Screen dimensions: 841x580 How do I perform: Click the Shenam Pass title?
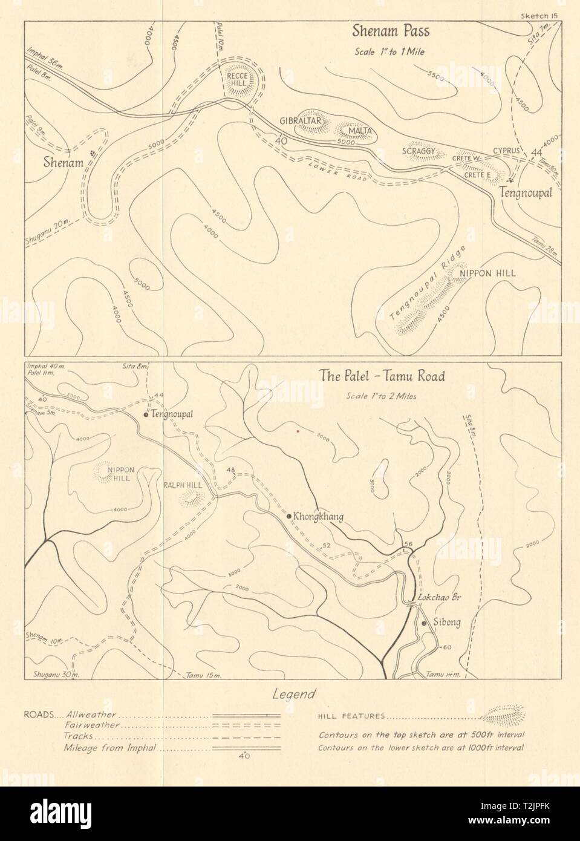pos(389,31)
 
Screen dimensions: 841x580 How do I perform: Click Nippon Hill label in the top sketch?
pos(488,273)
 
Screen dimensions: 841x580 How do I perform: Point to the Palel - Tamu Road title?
pos(382,376)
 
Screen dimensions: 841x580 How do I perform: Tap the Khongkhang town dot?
pos(289,516)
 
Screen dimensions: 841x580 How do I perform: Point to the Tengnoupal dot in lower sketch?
pos(146,415)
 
